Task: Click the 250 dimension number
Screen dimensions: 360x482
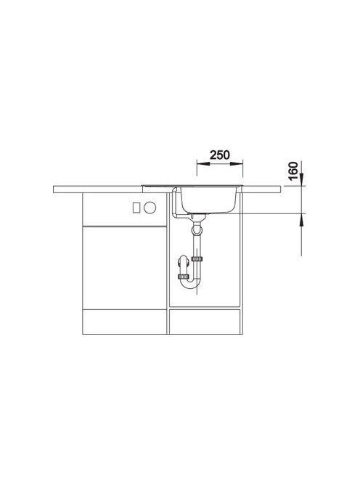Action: [219, 155]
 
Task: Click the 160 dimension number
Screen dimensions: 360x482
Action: [294, 171]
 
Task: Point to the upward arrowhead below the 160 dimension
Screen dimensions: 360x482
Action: [301, 219]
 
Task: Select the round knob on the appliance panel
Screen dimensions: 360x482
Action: [150, 208]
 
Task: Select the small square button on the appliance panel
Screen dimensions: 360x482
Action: [136, 208]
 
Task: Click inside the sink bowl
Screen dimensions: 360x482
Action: [209, 199]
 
